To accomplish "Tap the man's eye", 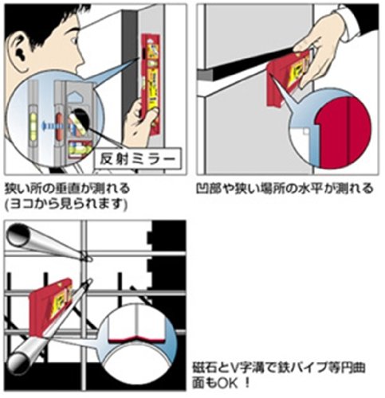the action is pos(74,41).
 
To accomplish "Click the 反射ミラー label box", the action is pos(138,158).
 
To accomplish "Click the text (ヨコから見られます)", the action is pos(66,204).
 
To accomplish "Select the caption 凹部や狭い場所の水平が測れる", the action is pos(285,189).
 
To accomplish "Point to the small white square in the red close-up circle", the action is pos(306,131).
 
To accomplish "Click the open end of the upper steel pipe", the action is pos(18,236).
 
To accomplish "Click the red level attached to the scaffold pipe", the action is pos(51,309).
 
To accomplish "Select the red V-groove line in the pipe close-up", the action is pos(137,339).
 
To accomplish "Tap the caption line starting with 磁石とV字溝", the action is pos(279,368).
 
